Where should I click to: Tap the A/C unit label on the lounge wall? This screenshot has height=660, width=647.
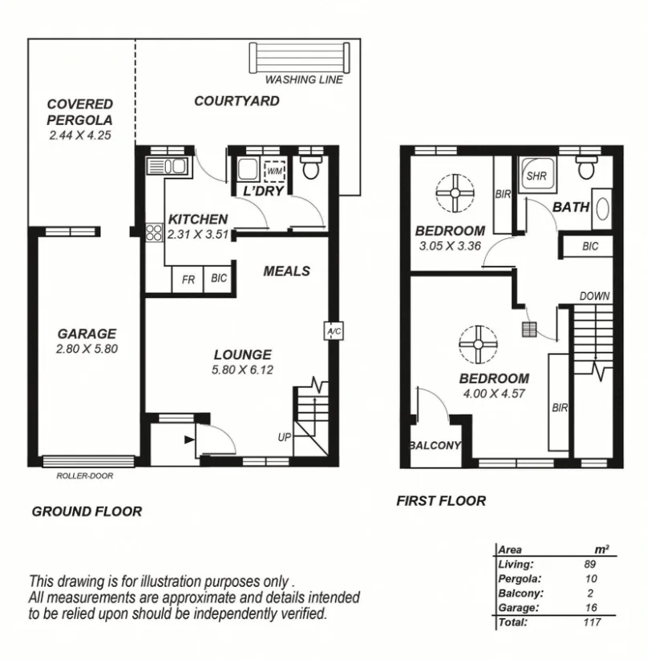[x=333, y=330]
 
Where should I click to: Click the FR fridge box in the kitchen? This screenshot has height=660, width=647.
[x=189, y=279]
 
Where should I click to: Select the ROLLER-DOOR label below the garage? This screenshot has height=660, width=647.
[x=85, y=476]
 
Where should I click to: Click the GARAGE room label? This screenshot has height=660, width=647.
[x=87, y=334]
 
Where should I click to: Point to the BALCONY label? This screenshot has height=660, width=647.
[x=435, y=446]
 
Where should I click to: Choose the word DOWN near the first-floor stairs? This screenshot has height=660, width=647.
[x=594, y=296]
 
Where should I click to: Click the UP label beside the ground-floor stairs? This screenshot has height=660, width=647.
[x=285, y=437]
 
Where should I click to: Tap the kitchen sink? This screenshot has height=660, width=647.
[x=166, y=168]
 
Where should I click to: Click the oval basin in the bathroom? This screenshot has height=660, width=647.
[x=601, y=207]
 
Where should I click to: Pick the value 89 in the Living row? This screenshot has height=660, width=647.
[x=589, y=565]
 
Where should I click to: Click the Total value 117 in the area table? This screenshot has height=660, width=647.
[x=591, y=622]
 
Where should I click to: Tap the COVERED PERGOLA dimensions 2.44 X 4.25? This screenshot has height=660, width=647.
[x=79, y=136]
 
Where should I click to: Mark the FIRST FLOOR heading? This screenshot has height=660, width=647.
[x=441, y=501]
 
